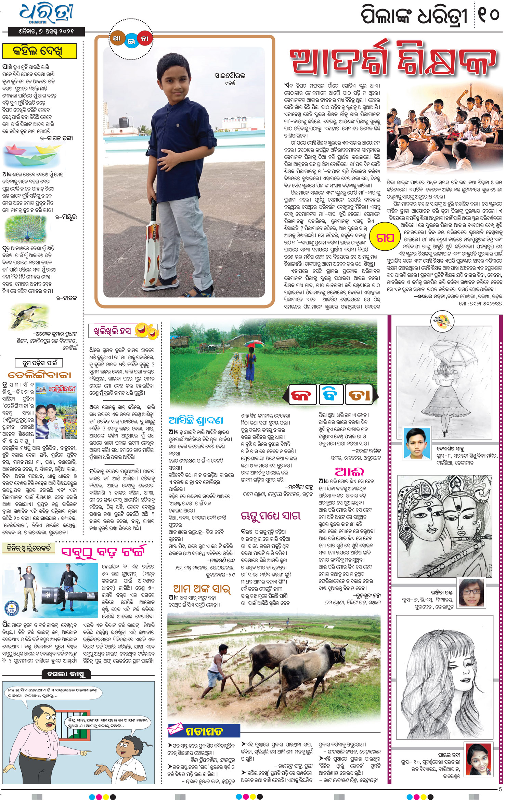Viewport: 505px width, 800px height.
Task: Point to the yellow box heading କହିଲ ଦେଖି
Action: (39, 52)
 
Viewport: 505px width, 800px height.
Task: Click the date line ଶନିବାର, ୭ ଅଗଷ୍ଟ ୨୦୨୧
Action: (46, 31)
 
